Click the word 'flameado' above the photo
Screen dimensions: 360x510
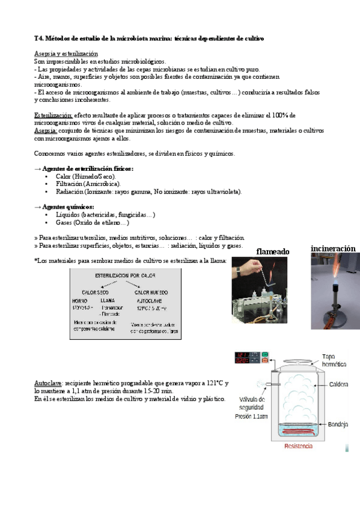pyautogui.click(x=273, y=251)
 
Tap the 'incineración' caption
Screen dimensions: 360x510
pyautogui.click(x=333, y=248)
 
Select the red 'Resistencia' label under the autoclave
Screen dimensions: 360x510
pyautogui.click(x=299, y=446)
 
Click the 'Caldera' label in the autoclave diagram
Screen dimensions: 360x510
pyautogui.click(x=338, y=385)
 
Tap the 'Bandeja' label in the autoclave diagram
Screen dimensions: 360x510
pyautogui.click(x=338, y=425)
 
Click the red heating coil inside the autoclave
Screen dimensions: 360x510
pyautogui.click(x=298, y=431)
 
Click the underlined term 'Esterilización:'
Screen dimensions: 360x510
pyautogui.click(x=53, y=114)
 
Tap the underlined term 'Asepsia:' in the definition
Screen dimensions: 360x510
pyautogui.click(x=46, y=130)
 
